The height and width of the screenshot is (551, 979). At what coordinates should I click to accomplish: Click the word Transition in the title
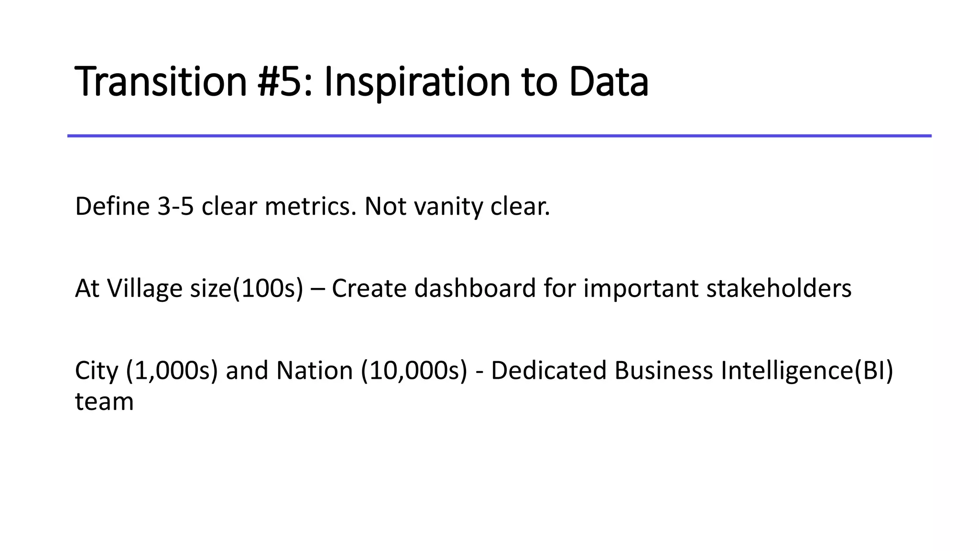(161, 82)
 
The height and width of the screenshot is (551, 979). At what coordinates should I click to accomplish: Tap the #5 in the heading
(280, 82)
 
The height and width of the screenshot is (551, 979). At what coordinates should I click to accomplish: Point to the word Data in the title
(609, 82)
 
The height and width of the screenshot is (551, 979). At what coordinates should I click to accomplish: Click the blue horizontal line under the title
(499, 136)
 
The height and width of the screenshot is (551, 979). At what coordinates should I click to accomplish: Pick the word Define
(112, 207)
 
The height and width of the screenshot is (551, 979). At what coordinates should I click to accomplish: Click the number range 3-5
(175, 207)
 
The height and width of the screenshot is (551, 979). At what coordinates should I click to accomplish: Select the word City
(97, 371)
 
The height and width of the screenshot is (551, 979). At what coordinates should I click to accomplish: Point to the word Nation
(315, 371)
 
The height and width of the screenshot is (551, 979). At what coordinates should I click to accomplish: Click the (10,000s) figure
(414, 371)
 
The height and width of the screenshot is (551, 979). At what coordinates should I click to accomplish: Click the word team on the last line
(104, 402)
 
